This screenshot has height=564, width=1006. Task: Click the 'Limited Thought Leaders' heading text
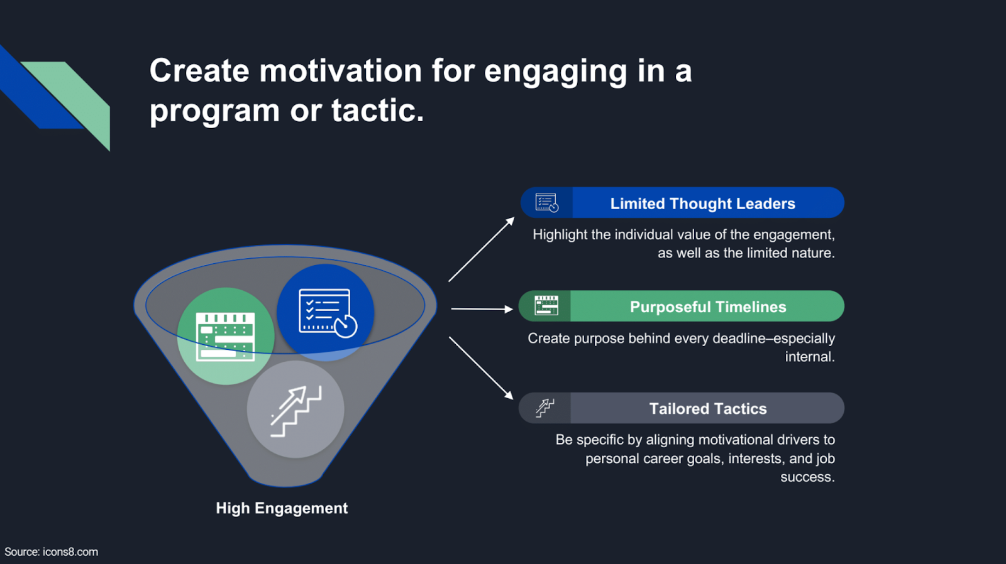click(x=702, y=203)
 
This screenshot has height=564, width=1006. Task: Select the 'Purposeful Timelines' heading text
click(x=708, y=306)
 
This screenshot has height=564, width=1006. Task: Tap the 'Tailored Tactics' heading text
click(x=708, y=409)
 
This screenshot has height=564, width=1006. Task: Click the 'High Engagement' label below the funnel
click(x=282, y=508)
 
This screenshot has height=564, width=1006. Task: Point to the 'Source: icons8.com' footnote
click(x=52, y=552)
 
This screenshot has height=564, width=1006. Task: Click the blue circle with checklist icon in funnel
click(x=326, y=312)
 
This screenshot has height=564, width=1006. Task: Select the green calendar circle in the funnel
click(x=225, y=337)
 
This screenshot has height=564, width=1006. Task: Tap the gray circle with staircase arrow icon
click(x=296, y=409)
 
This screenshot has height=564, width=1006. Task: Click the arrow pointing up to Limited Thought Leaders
click(x=481, y=249)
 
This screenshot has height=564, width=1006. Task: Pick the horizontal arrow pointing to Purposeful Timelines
click(x=482, y=309)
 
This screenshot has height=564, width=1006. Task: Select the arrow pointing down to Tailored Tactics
click(x=481, y=368)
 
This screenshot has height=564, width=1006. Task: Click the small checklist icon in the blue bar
click(x=546, y=203)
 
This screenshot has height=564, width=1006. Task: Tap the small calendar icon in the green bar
click(x=546, y=305)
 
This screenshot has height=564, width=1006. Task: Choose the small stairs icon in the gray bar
click(x=544, y=408)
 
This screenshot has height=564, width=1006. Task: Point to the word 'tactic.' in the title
click(x=377, y=111)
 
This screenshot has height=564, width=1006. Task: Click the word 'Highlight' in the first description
click(x=560, y=235)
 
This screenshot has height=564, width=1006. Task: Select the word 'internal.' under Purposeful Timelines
click(x=810, y=357)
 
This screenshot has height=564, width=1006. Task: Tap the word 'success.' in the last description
click(x=807, y=477)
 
